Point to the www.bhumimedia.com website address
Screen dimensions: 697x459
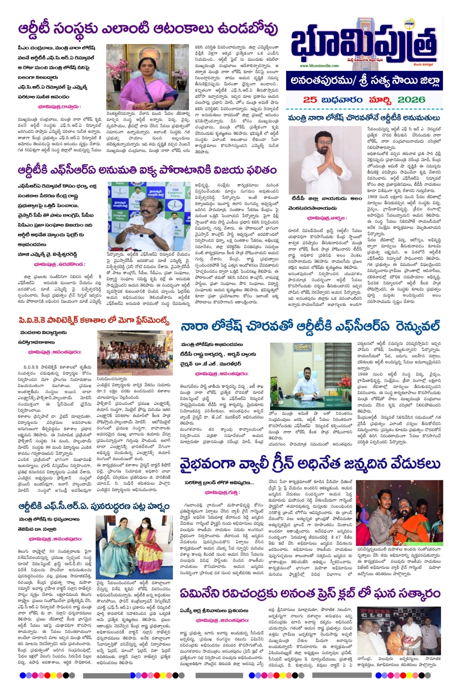pyautogui.click(x=319, y=66)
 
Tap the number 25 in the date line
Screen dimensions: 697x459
pyautogui.click(x=310, y=100)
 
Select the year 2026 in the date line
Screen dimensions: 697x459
pyautogui.click(x=410, y=100)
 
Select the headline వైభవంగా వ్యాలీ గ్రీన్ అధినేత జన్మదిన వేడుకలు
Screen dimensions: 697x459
pyautogui.click(x=309, y=464)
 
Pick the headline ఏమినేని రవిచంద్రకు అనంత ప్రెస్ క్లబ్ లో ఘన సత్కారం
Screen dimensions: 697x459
pyautogui.click(x=309, y=593)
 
